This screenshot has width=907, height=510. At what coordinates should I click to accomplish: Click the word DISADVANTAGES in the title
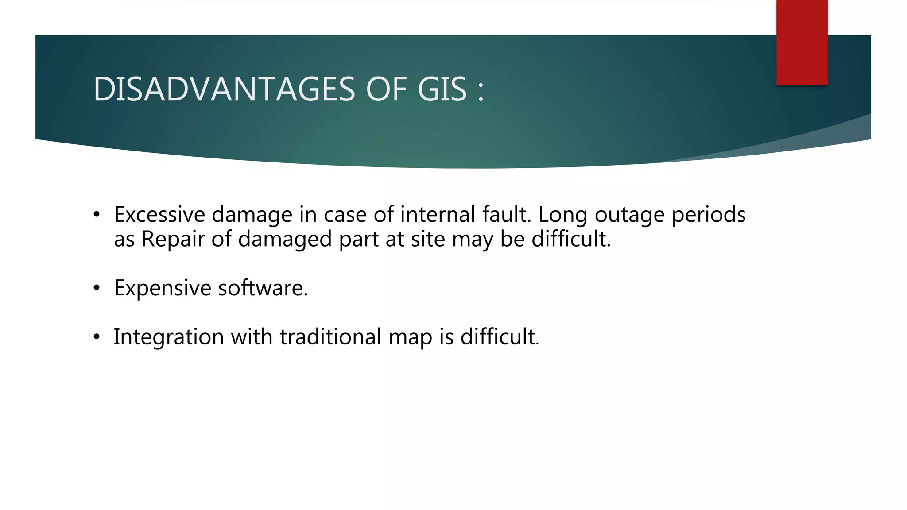point(224,89)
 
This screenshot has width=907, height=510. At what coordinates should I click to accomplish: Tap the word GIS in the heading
point(442,89)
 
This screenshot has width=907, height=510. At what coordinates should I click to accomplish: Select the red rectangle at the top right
point(802,42)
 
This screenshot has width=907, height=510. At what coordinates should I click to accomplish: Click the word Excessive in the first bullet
point(159,215)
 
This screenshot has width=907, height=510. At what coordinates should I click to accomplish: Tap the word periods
point(709,216)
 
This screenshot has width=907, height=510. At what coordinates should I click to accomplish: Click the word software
point(262,288)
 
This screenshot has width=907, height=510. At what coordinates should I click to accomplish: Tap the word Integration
point(169,337)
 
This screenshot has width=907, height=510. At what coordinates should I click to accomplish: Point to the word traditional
point(330,337)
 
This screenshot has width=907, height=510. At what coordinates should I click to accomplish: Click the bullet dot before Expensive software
point(97,289)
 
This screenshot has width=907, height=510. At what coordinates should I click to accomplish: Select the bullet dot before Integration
point(97,337)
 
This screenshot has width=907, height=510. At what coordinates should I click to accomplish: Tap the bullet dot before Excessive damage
point(97,215)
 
